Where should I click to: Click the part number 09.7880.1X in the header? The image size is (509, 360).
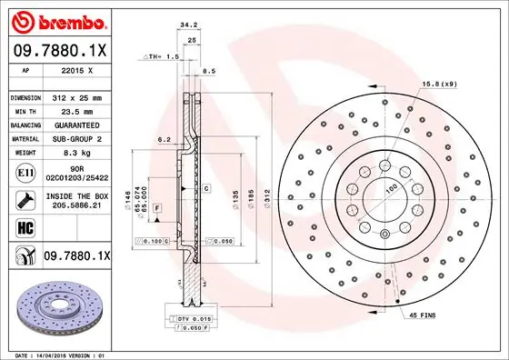pos(60,51)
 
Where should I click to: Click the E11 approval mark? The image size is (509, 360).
pos(25,172)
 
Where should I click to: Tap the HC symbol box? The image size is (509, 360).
pos(25,227)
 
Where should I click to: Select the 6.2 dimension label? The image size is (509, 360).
pos(164,139)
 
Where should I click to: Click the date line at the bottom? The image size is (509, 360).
pos(59,354)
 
